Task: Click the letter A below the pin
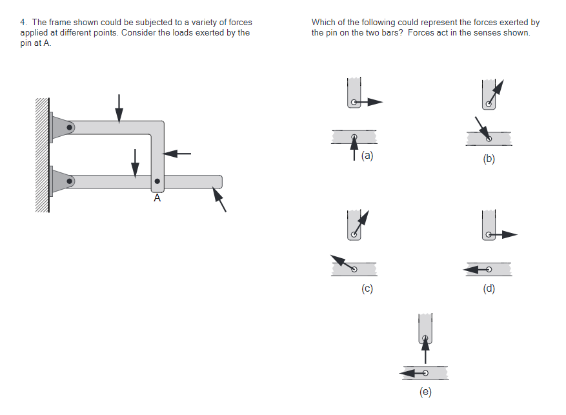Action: pyautogui.click(x=157, y=198)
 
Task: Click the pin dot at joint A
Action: pyautogui.click(x=157, y=181)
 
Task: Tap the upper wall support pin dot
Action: pyautogui.click(x=69, y=127)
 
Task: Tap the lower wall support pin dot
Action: pyautogui.click(x=69, y=181)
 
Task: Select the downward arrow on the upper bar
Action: pyautogui.click(x=119, y=109)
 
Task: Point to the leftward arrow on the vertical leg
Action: pyautogui.click(x=177, y=154)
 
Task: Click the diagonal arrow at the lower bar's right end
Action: pyautogui.click(x=219, y=199)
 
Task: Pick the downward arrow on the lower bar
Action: pyautogui.click(x=135, y=163)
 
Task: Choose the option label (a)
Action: pyautogui.click(x=367, y=156)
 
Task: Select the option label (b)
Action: pyautogui.click(x=489, y=159)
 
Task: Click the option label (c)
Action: pyautogui.click(x=367, y=288)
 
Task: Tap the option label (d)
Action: pyautogui.click(x=489, y=288)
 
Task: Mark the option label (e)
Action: pyautogui.click(x=425, y=392)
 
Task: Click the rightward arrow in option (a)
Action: pyautogui.click(x=367, y=102)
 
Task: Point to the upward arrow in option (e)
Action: pyautogui.click(x=425, y=350)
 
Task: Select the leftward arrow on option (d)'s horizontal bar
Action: pyautogui.click(x=477, y=270)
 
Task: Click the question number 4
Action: pyautogui.click(x=23, y=23)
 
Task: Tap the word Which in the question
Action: pyautogui.click(x=323, y=23)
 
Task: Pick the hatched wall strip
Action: pyautogui.click(x=42, y=155)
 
